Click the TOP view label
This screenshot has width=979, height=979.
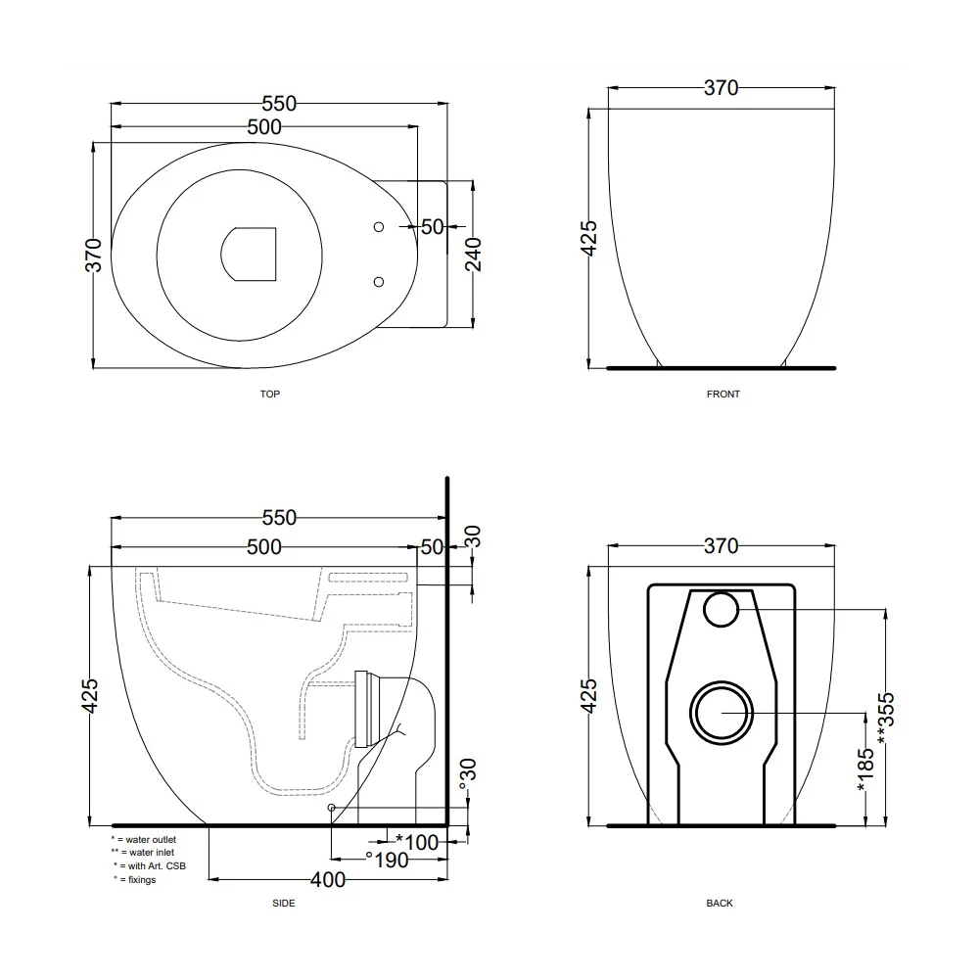(270, 394)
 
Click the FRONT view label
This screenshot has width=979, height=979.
(723, 394)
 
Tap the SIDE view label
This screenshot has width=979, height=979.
(284, 903)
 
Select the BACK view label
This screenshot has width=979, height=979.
(720, 903)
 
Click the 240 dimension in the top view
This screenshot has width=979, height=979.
(473, 255)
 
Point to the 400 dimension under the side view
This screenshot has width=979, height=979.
(328, 880)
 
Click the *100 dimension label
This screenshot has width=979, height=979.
(417, 842)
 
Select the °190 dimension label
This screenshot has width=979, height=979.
(387, 861)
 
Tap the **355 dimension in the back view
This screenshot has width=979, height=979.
(886, 718)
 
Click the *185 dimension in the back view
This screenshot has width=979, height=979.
(865, 770)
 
